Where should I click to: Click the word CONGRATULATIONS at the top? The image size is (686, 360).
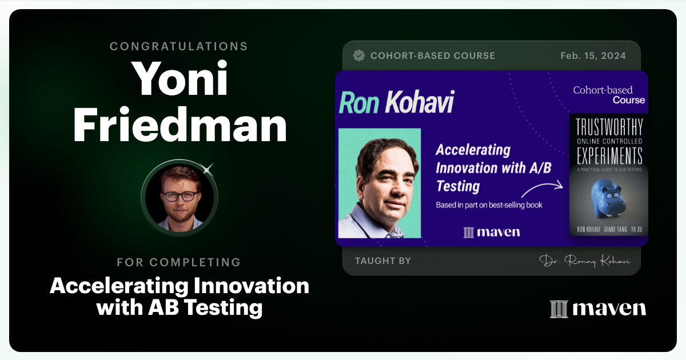179,46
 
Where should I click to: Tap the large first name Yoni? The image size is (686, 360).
180,79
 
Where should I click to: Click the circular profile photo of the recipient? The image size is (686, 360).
180,195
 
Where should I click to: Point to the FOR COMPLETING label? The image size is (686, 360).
179,262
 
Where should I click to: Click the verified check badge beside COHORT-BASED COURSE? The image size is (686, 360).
359,55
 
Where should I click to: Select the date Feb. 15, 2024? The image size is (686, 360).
593,55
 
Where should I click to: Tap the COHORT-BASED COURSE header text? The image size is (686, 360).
433,55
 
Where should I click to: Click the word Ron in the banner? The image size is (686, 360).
359,103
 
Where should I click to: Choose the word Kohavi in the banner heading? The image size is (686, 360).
420,103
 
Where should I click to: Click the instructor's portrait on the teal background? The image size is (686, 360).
380,183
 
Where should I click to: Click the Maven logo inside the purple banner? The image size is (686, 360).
492,232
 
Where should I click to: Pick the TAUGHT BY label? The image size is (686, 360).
382,261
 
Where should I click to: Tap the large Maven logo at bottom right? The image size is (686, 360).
598,308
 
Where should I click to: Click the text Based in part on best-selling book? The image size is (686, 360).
489,205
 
